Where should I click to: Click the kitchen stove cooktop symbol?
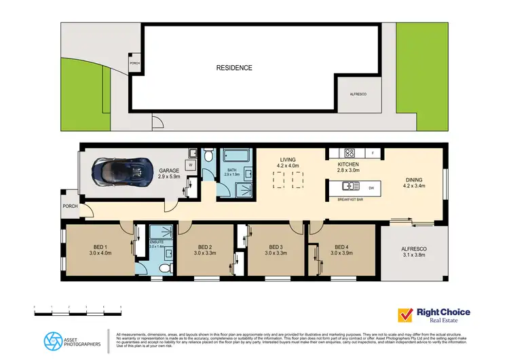point(350,153)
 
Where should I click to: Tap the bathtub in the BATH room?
point(238,157)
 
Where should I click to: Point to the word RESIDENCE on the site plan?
point(234,68)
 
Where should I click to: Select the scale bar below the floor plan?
point(78,310)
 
